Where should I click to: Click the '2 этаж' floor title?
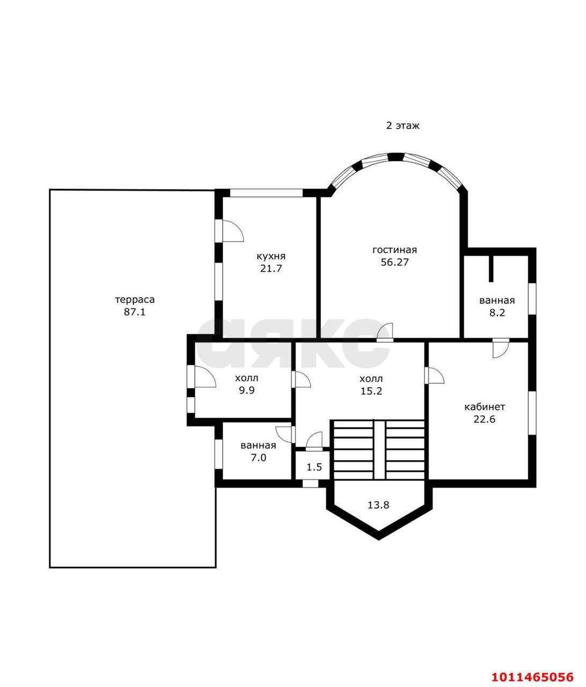(x=402, y=126)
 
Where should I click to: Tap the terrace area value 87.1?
(x=135, y=312)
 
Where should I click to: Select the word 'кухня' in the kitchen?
(x=271, y=256)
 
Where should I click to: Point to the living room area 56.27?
(x=394, y=262)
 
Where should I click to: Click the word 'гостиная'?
(x=394, y=250)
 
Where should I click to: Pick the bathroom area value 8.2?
(x=497, y=313)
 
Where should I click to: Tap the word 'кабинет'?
(x=485, y=407)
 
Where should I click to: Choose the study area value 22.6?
(x=484, y=419)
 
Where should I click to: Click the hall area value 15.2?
(x=371, y=391)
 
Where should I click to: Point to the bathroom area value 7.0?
(x=258, y=458)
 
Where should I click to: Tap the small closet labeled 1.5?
(x=314, y=467)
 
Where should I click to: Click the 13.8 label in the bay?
(x=378, y=505)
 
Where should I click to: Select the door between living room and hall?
(x=385, y=332)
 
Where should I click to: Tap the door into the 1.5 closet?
(x=314, y=441)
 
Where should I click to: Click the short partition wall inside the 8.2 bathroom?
(x=491, y=269)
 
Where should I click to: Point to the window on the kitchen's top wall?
(x=266, y=193)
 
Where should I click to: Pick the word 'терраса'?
(x=135, y=300)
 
